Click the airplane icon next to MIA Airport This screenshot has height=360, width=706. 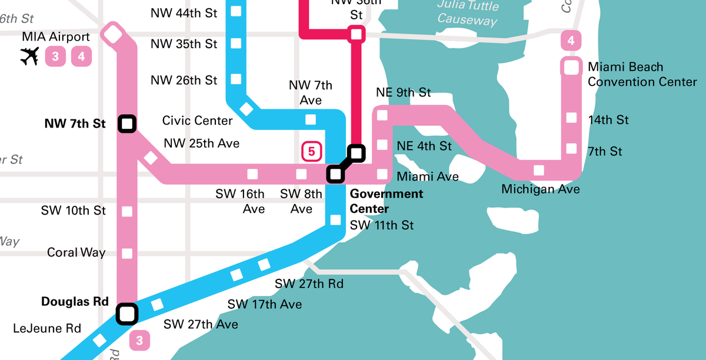pyautogui.click(x=29, y=57)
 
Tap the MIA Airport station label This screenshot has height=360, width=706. pyautogui.click(x=56, y=37)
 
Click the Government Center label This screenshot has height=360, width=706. pyautogui.click(x=386, y=201)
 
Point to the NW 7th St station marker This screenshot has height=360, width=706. pyautogui.click(x=126, y=124)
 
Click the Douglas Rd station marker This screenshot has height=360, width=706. pyautogui.click(x=126, y=313)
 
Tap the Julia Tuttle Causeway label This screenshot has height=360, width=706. pyautogui.click(x=468, y=13)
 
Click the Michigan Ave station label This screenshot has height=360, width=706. pyautogui.click(x=540, y=189)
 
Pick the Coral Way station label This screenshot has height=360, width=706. pyautogui.click(x=76, y=252)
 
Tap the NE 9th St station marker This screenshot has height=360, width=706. pyautogui.click(x=382, y=115)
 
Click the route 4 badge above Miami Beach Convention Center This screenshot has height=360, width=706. pyautogui.click(x=571, y=41)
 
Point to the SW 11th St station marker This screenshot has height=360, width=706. pyautogui.click(x=335, y=220)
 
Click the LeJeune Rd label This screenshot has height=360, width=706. pyautogui.click(x=47, y=328)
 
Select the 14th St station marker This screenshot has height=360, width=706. pyautogui.click(x=571, y=118)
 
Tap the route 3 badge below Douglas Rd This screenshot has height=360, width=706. pyautogui.click(x=139, y=339)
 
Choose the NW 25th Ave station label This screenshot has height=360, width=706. pyautogui.click(x=202, y=143)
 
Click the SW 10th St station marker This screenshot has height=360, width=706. pyautogui.click(x=126, y=211)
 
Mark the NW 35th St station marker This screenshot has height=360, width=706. pyautogui.click(x=237, y=43)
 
